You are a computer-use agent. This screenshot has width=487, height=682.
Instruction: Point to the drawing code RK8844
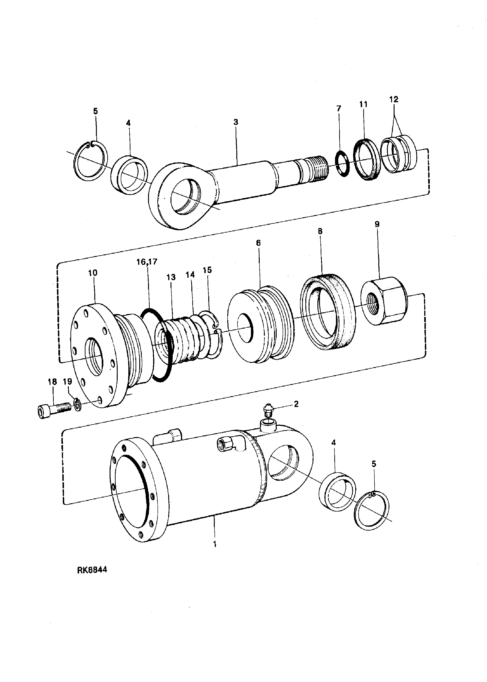point(92,570)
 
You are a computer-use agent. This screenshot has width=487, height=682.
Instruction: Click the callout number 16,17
point(147,262)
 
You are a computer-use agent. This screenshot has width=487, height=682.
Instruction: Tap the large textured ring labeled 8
point(325,312)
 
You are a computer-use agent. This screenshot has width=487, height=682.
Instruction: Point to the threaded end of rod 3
point(316,169)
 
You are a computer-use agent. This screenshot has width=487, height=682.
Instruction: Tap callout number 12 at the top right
point(394,99)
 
